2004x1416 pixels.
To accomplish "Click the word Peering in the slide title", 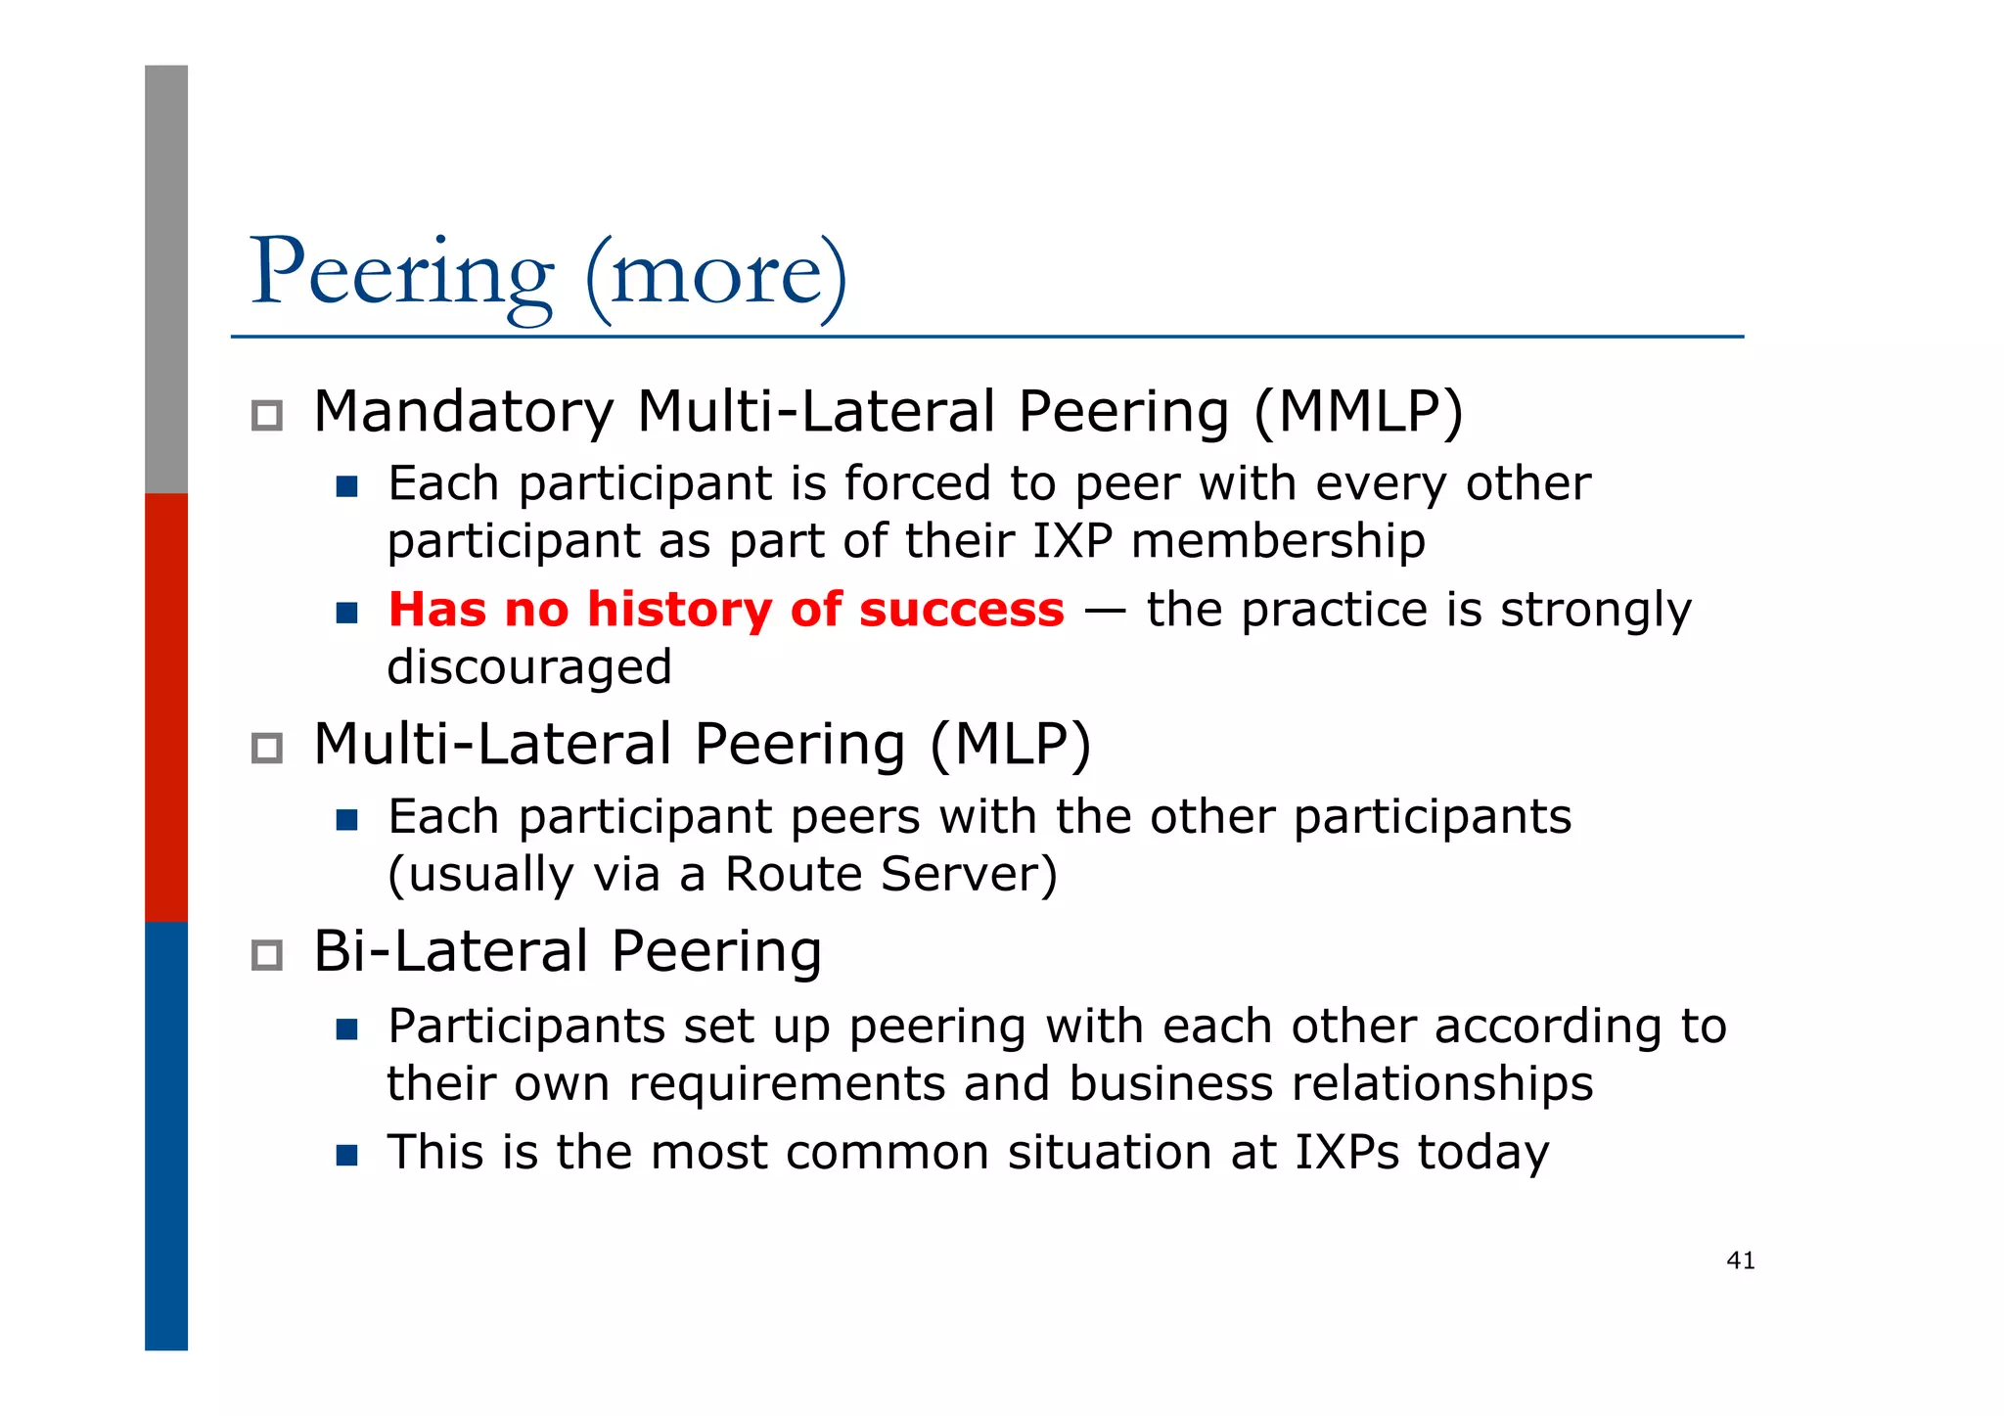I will click(401, 274).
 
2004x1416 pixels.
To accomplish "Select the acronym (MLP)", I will click(1010, 745).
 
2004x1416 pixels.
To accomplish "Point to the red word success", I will click(962, 610).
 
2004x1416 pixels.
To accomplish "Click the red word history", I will click(680, 610).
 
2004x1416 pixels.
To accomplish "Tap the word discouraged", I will click(529, 667).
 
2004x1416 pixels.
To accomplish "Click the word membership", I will click(1278, 541).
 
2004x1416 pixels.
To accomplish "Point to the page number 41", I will click(1741, 1260).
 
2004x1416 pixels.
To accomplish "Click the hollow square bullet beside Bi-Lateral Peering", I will click(267, 955).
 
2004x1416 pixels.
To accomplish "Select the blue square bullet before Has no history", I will click(346, 613).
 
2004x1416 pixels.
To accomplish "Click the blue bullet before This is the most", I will click(346, 1156).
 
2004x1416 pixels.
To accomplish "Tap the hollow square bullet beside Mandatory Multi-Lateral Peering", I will click(267, 416).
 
